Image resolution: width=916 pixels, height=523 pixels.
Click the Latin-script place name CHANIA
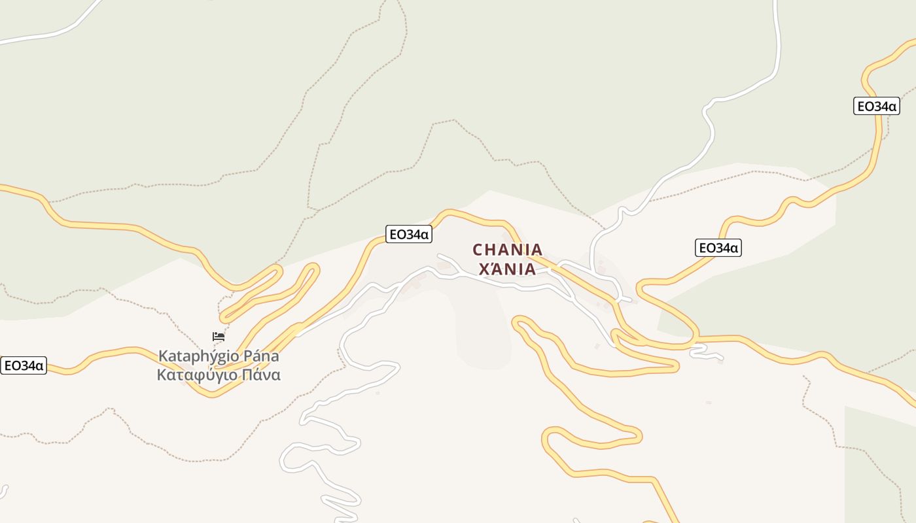click(x=508, y=250)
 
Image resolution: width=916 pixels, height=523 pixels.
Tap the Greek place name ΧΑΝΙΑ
click(x=508, y=269)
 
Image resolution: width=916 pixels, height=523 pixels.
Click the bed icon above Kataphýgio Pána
click(x=219, y=337)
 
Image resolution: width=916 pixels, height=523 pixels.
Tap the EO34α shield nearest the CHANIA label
click(x=409, y=234)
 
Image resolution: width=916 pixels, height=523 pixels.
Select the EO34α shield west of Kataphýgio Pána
click(x=24, y=365)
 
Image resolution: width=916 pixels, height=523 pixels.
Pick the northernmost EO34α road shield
click(x=876, y=106)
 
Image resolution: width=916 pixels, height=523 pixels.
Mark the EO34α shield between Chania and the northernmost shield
click(x=718, y=248)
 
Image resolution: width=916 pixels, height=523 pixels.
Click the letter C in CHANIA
click(x=478, y=250)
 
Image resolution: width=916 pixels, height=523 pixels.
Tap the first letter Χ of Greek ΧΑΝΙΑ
click(x=485, y=269)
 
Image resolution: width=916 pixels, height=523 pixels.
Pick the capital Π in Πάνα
click(x=248, y=375)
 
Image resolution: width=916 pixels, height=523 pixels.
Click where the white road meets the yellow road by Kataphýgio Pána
click(x=298, y=333)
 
